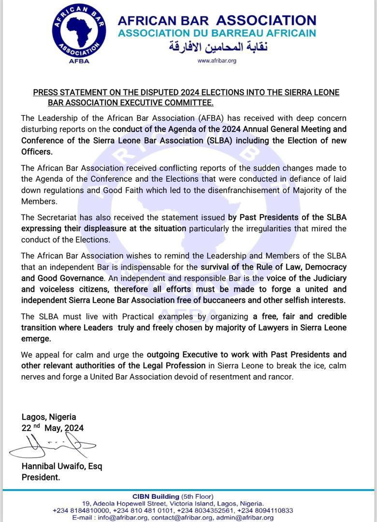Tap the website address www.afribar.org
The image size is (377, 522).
pyautogui.click(x=217, y=61)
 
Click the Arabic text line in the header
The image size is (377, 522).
pyautogui.click(x=217, y=47)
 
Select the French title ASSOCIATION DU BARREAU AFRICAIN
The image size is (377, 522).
pyautogui.click(x=217, y=33)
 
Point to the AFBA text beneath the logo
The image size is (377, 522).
pyautogui.click(x=79, y=61)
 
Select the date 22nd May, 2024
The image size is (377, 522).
pyautogui.click(x=52, y=428)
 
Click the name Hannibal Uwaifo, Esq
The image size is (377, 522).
pyautogui.click(x=61, y=466)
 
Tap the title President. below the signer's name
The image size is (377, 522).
pyautogui.click(x=41, y=477)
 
